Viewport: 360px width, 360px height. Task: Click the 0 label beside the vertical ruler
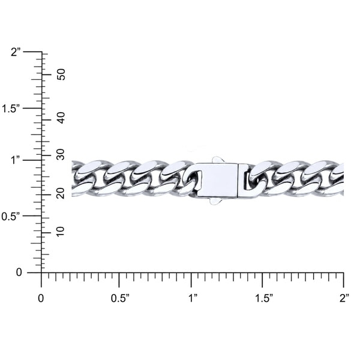point(19,272)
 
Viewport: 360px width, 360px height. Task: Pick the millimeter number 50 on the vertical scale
point(61,74)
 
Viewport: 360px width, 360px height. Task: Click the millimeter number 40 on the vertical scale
point(61,118)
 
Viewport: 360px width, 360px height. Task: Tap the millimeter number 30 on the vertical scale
point(61,154)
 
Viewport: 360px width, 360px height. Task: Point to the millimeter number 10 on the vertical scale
point(61,232)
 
